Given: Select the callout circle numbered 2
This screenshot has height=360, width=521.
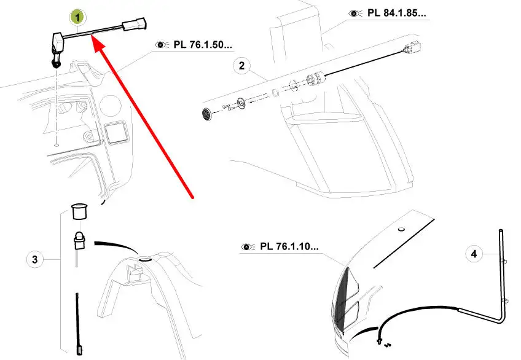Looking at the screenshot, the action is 241,65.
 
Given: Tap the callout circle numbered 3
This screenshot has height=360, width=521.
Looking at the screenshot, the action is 35,260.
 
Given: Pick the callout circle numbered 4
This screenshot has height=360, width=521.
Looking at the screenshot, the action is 474,252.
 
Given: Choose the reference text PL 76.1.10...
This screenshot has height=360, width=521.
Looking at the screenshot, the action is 289,247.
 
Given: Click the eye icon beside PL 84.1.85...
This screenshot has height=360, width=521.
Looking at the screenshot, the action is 355,13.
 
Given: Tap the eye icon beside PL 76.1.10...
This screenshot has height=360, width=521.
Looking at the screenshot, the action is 248,247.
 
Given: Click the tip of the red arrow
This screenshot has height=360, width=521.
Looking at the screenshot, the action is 93,38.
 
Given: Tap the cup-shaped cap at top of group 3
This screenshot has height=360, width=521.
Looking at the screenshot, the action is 78,211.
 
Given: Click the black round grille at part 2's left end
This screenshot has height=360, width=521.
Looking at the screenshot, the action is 207,114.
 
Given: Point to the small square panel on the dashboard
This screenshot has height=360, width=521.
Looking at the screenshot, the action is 116,133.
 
